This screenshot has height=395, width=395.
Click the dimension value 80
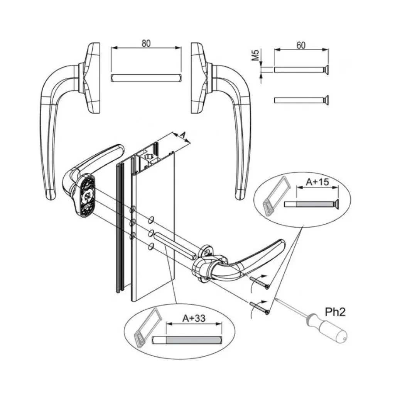click(146, 43)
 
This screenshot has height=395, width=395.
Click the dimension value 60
click(301, 45)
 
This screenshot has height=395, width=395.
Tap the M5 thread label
click(255, 56)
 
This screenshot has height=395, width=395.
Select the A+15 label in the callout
click(317, 182)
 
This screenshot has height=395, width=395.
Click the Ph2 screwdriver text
click(334, 312)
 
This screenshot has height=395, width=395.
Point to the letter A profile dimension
click(184, 135)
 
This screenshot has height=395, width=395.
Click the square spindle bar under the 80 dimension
click(146, 78)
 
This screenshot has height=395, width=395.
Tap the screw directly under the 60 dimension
click(301, 70)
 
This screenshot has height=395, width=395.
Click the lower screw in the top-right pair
click(301, 100)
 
